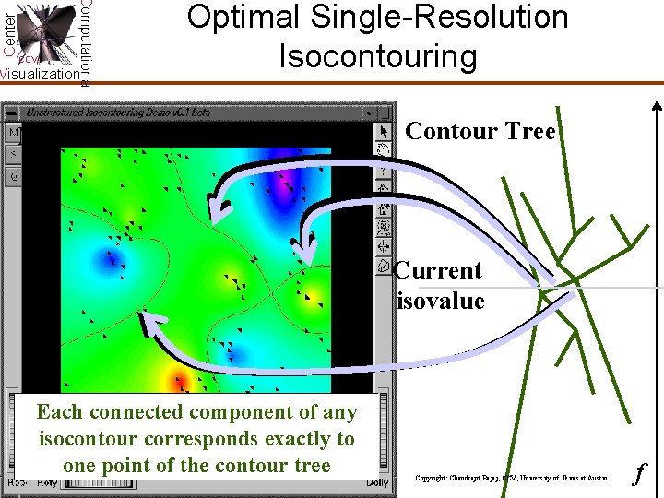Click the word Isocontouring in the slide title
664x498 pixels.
(x=377, y=56)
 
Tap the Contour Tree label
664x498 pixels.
(x=480, y=131)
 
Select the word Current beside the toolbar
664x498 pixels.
(x=438, y=270)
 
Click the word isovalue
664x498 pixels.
(x=441, y=301)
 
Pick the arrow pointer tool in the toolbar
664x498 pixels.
(x=385, y=131)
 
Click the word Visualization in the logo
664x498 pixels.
(x=39, y=74)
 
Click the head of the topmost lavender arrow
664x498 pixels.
(x=217, y=207)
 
